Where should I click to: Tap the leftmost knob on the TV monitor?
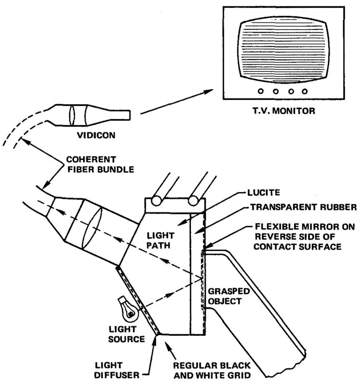pos(260,91)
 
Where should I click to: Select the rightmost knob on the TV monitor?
pos(304,91)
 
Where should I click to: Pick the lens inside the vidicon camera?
pos(74,115)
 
